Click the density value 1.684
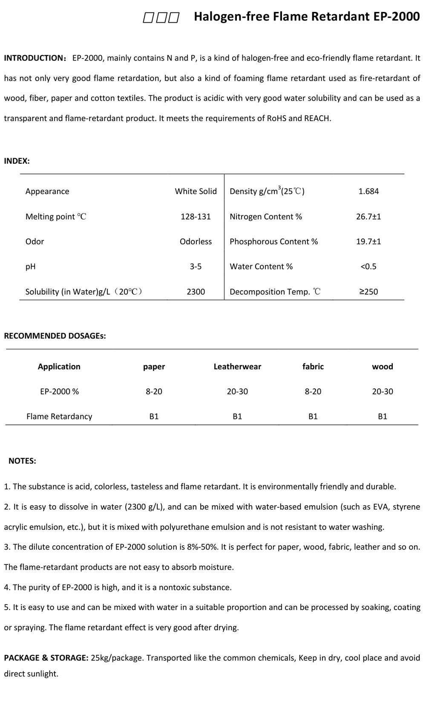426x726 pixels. [368, 191]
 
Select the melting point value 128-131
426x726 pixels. [196, 217]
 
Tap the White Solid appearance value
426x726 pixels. [196, 191]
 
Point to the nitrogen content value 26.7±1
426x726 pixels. [368, 217]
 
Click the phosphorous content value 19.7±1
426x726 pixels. [368, 242]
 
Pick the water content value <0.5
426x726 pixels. [368, 267]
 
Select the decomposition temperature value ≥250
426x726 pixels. [368, 292]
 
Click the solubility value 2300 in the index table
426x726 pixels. [196, 292]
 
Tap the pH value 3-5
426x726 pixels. [196, 267]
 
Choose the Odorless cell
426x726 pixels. [196, 242]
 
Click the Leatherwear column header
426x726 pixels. [237, 367]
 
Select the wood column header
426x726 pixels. [382, 367]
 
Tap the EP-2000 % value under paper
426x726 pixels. [154, 392]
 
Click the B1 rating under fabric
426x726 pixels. [313, 417]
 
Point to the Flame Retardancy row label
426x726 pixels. [59, 417]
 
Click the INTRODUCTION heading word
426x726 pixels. [34, 58]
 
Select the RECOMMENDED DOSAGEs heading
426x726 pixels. [55, 336]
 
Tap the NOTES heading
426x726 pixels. [22, 461]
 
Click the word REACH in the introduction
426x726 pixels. [317, 119]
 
